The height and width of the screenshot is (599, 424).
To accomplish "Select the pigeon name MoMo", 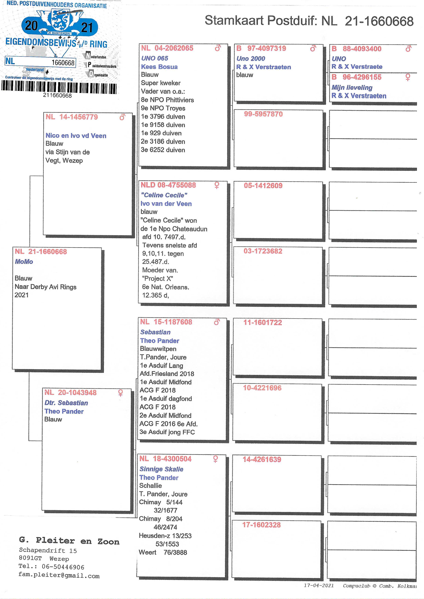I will pos(24,262).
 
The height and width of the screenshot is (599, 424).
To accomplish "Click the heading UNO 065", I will pos(155,58).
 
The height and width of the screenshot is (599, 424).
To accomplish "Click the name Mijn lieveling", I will pos(352,88).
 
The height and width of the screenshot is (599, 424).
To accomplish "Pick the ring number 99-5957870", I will pos(263,114).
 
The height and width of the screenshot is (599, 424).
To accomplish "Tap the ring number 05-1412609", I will pos(263,186).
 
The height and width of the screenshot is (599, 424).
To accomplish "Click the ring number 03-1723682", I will pos(263,251).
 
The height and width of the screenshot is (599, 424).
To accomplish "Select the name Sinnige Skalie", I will pos(161,469).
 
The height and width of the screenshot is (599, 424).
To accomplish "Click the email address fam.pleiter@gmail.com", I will pos(59,576).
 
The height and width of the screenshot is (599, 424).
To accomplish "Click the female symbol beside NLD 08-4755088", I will pos(217,185).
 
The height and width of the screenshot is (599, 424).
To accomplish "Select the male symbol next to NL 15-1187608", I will pos(217,322).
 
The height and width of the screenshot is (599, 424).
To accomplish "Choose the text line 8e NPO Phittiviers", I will pos(167,100).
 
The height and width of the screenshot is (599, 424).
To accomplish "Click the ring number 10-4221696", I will pos(262,388).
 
